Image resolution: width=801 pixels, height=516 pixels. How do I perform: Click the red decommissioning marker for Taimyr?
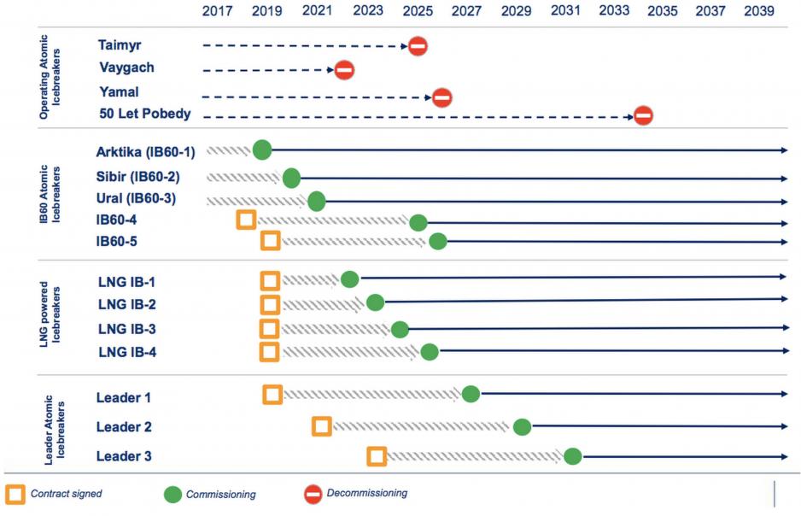click(418, 46)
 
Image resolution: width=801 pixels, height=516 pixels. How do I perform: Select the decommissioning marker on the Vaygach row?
click(344, 70)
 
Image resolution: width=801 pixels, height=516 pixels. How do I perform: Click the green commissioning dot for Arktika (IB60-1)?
click(262, 150)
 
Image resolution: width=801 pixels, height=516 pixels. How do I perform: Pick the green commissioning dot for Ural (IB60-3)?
click(317, 202)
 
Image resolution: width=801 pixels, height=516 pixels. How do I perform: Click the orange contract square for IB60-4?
click(246, 220)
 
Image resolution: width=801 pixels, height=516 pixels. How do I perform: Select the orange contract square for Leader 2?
click(322, 425)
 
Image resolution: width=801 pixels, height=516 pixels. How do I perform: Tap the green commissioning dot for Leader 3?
click(572, 456)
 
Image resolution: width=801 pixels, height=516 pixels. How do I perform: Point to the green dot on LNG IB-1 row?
click(349, 279)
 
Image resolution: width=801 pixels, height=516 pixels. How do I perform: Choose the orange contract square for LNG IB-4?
click(270, 351)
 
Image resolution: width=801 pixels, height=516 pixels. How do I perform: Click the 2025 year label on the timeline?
click(417, 11)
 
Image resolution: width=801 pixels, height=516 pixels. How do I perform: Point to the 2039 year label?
click(759, 11)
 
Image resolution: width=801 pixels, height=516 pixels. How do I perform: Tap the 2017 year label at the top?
click(217, 11)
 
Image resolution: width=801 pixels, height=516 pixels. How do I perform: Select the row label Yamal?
click(118, 91)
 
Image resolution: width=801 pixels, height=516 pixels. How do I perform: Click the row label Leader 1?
click(125, 397)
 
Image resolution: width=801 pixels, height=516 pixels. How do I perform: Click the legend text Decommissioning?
click(367, 493)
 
